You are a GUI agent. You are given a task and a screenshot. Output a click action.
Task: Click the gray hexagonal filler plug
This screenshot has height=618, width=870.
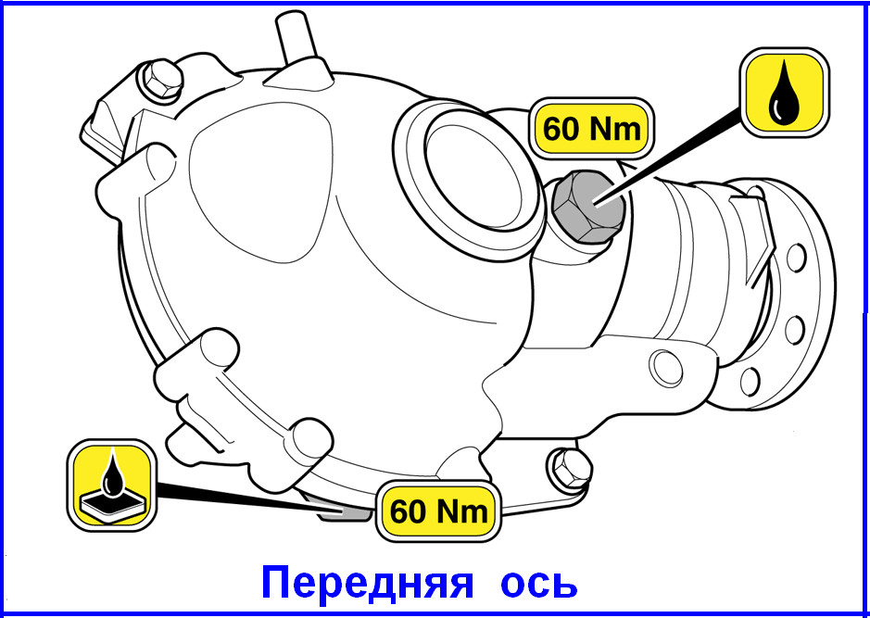tap(588, 206)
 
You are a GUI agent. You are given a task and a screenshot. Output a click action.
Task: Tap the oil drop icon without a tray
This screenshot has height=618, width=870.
tap(785, 93)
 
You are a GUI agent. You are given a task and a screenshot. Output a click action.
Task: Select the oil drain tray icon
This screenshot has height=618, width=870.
tap(111, 485)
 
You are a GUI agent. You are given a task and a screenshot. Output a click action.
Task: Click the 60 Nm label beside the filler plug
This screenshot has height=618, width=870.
tap(591, 130)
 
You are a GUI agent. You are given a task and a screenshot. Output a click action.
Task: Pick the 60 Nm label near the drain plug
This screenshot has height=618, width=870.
tap(438, 511)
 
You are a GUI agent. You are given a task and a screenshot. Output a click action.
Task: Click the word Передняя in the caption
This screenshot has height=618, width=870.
tap(367, 583)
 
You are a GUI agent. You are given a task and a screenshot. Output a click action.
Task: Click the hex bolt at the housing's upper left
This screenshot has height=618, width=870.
tap(161, 79)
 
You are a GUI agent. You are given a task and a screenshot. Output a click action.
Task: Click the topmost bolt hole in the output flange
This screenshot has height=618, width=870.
tap(796, 258)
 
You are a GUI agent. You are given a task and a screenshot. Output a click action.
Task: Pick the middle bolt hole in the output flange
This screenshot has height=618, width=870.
tap(795, 329)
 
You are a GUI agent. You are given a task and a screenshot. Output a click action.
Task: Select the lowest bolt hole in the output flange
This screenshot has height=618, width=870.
tap(750, 380)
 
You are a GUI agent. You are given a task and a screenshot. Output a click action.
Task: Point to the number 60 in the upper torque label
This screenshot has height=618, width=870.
tap(561, 130)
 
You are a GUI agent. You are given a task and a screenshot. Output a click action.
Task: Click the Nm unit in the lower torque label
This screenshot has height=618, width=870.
tap(462, 511)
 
